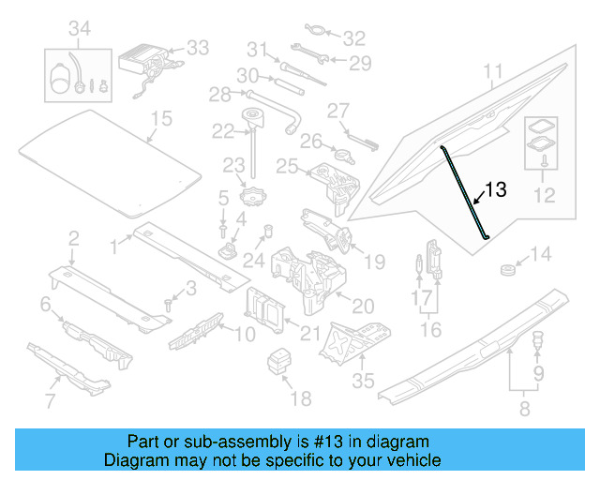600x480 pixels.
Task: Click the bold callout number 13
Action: tap(495, 189)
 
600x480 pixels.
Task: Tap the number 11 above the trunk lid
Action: tap(493, 71)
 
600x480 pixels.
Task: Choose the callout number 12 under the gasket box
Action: tap(543, 196)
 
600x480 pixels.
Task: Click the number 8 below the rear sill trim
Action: tap(523, 409)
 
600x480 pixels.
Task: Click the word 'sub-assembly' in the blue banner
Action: tap(230, 442)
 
